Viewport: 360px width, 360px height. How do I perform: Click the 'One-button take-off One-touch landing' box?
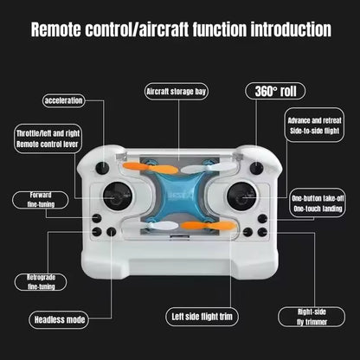(x=317, y=203)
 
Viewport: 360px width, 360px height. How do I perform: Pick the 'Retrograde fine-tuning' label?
(x=41, y=281)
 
